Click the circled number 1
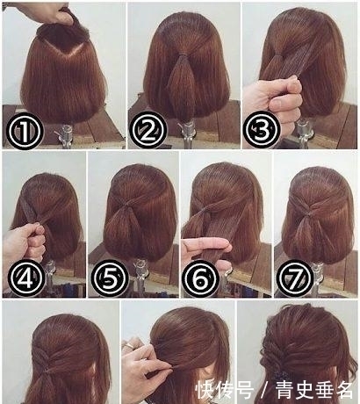pyautogui.click(x=25, y=131)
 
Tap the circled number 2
pyautogui.click(x=148, y=129)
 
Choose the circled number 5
pyautogui.click(x=110, y=278)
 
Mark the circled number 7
pyautogui.click(x=295, y=278)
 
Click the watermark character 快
pyautogui.click(x=205, y=390)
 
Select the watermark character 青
pyautogui.click(x=285, y=390)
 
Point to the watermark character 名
pyautogui.click(x=343, y=390)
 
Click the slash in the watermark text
pyautogui.click(x=264, y=390)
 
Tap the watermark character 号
pyautogui.click(x=244, y=390)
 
